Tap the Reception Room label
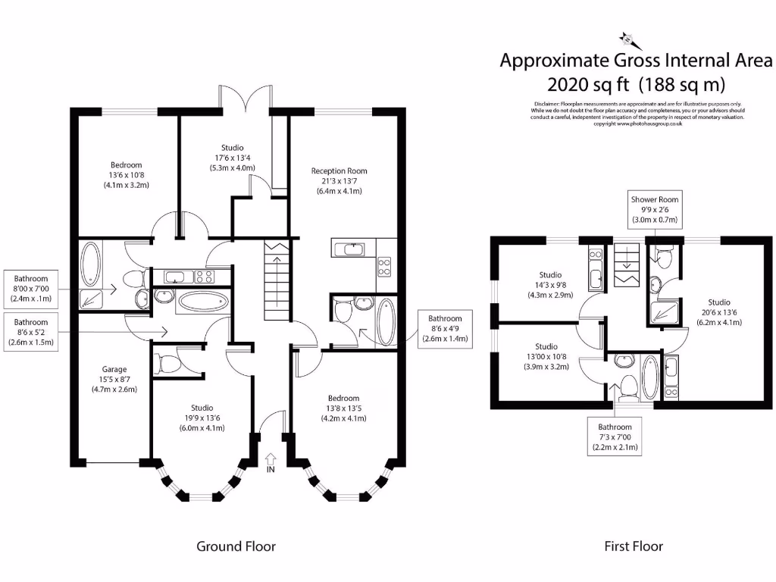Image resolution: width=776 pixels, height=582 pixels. [x=339, y=181]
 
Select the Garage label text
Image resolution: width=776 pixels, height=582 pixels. [x=109, y=380]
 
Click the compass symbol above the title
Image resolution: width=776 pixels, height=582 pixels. [x=627, y=38]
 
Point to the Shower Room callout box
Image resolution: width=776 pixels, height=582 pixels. [x=653, y=210]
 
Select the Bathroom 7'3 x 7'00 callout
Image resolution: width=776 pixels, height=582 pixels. [x=614, y=437]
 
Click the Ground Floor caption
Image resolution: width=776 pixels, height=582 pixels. [x=236, y=546]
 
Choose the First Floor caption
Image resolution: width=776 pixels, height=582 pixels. [x=633, y=546]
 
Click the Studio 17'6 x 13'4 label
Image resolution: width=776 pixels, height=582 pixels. [x=233, y=158]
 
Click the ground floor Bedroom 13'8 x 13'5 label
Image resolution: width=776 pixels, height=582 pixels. [x=343, y=408]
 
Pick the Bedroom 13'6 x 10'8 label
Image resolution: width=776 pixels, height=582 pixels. [x=126, y=174]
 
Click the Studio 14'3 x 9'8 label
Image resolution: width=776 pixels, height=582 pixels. [x=550, y=284]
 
